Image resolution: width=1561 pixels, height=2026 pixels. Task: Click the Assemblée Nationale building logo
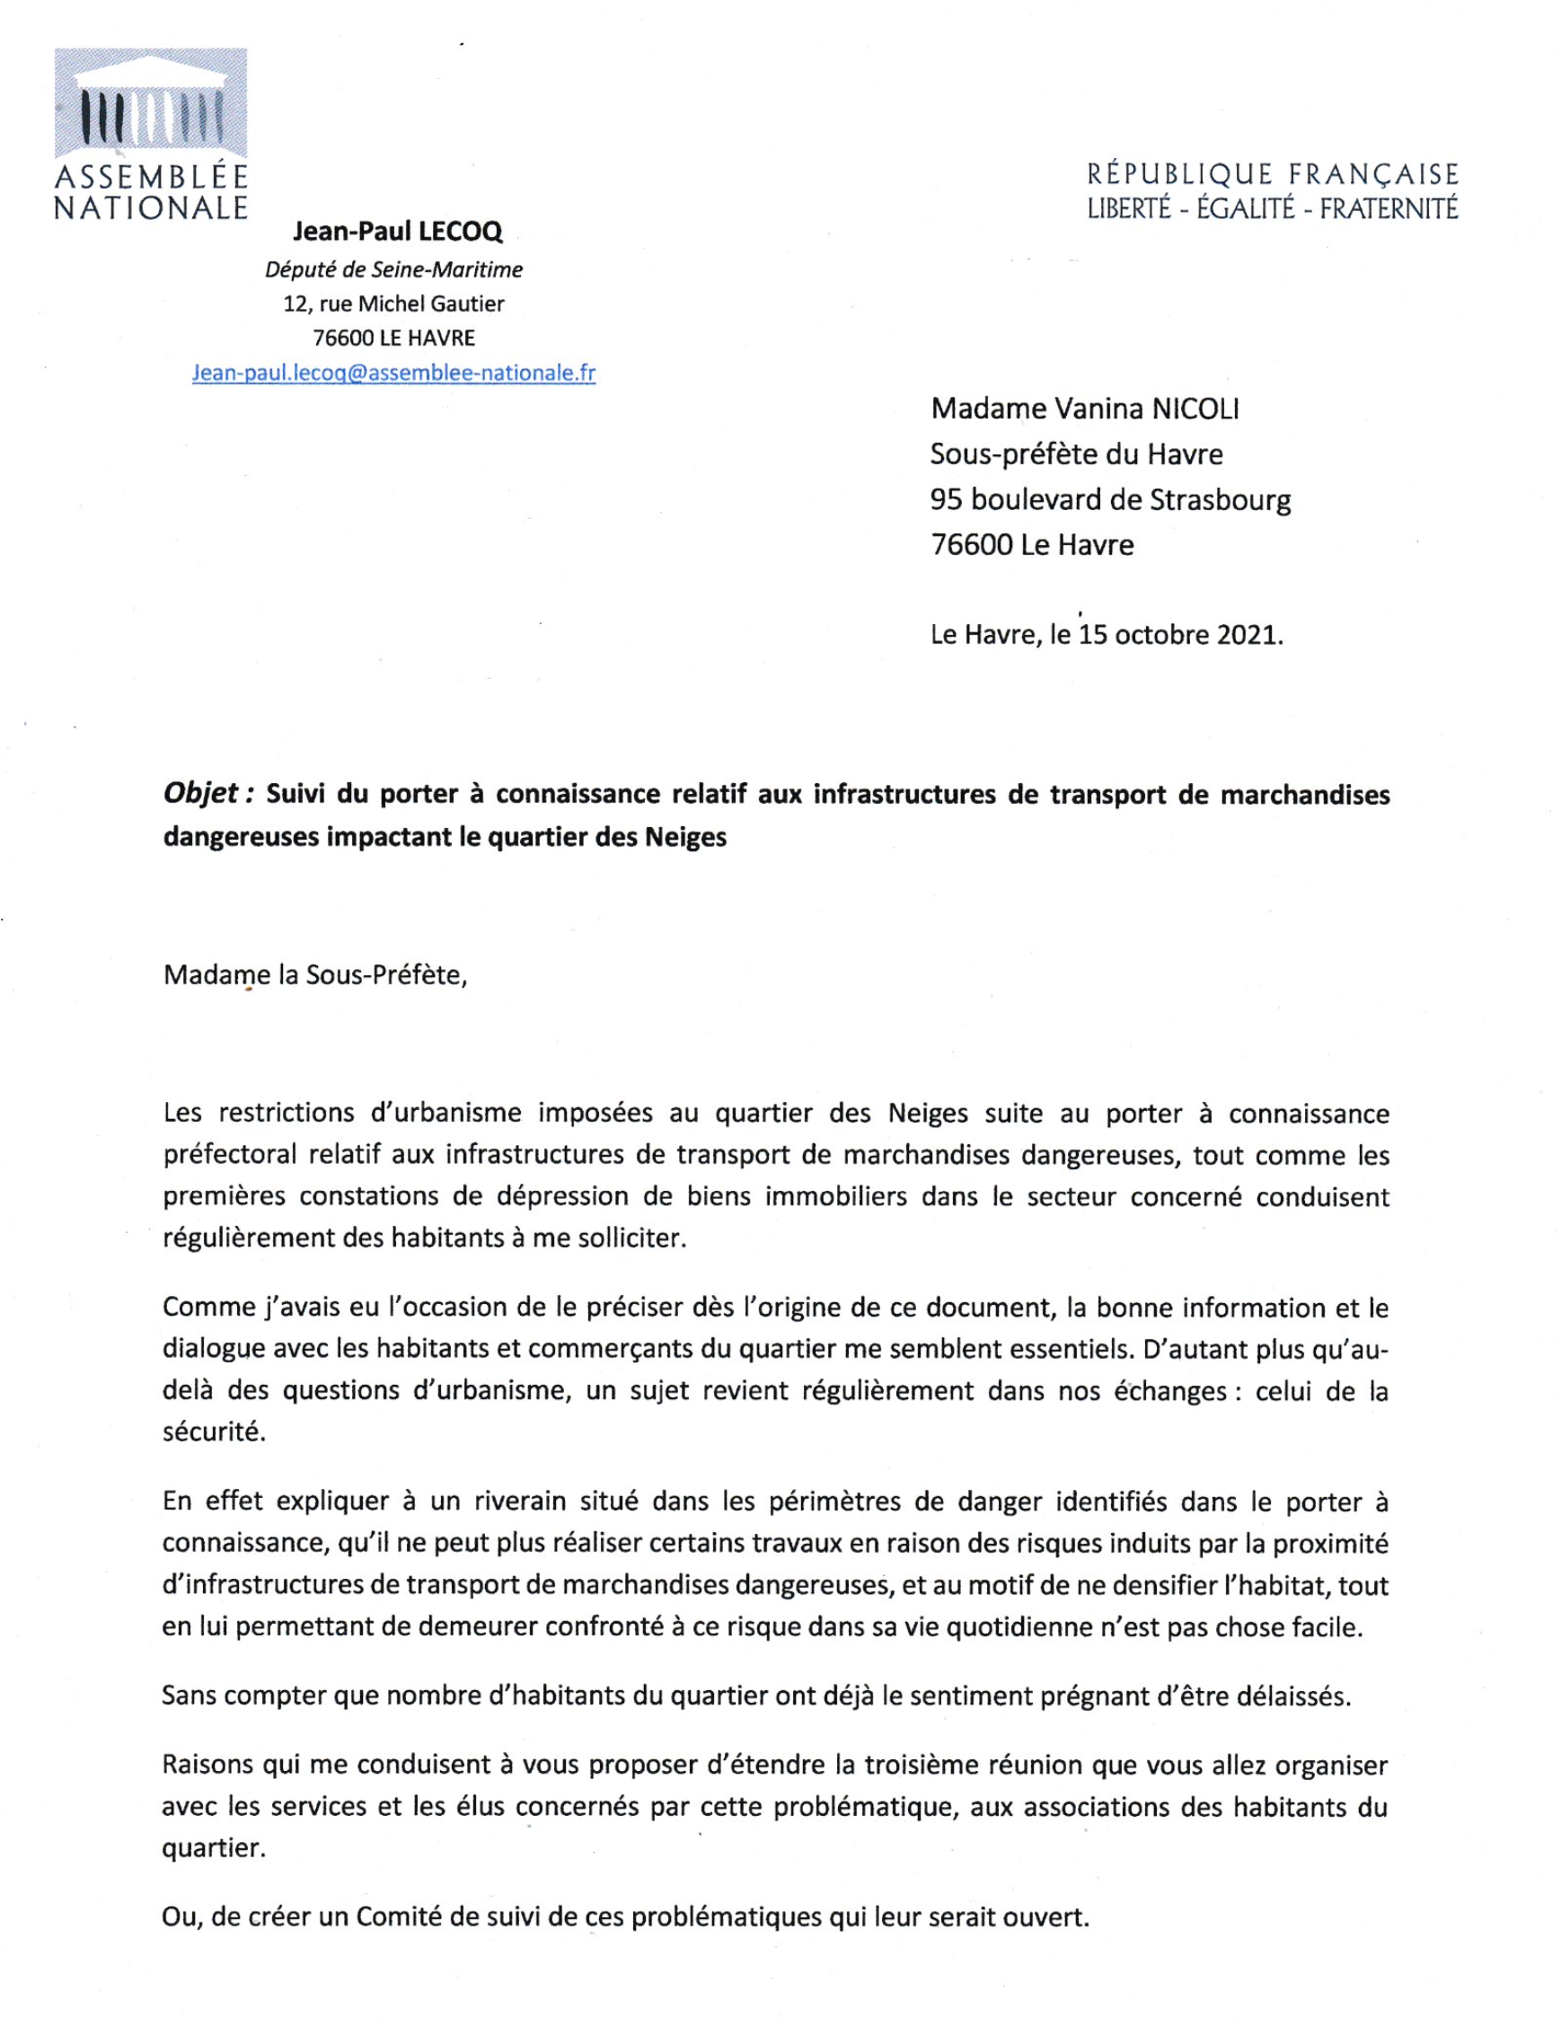pos(150,104)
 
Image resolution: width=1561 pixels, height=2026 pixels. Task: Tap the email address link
pos(393,373)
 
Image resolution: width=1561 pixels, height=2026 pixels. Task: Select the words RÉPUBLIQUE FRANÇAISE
pos(1273,174)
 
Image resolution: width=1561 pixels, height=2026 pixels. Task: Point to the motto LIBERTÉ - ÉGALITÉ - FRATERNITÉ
pos(1273,208)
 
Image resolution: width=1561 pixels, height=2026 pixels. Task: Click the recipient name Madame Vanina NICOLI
pos(1084,409)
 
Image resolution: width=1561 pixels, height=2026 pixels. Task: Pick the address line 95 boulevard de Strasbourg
pos(1110,499)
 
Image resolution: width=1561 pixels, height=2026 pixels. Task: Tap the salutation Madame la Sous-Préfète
pos(315,975)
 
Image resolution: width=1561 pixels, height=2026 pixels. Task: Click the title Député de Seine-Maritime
pos(393,269)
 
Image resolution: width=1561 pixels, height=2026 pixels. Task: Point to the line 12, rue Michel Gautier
pos(393,304)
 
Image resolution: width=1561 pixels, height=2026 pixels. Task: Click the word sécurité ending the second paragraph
pos(214,1431)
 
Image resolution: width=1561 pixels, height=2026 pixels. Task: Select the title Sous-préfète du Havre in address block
pos(1076,454)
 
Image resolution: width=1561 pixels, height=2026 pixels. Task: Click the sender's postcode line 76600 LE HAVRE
pos(393,338)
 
